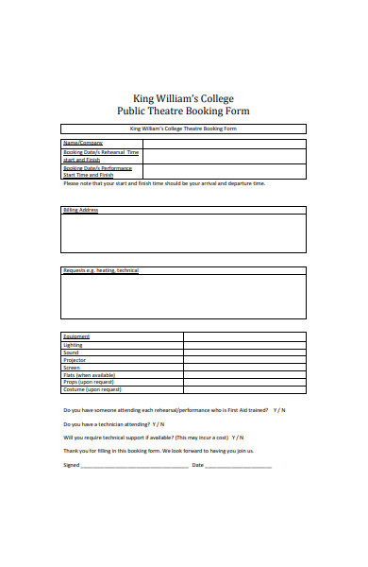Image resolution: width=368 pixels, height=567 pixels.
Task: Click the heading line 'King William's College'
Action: tap(184, 98)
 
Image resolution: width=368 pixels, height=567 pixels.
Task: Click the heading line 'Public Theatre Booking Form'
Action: tap(184, 111)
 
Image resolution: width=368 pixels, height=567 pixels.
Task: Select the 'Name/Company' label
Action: tap(83, 142)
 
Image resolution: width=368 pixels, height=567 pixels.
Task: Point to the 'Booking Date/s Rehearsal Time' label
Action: tap(101, 151)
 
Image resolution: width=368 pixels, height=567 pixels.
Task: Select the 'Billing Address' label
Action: tap(81, 210)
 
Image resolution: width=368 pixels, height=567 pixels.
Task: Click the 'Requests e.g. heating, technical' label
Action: tap(101, 270)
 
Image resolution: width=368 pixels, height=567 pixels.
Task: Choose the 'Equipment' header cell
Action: tap(76, 337)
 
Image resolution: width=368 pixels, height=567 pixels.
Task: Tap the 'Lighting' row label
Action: tap(74, 345)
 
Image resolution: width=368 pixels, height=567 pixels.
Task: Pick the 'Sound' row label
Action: tap(72, 352)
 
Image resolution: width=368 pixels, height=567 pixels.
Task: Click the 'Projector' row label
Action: tap(75, 360)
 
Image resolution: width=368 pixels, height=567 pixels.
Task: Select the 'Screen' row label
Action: tap(73, 368)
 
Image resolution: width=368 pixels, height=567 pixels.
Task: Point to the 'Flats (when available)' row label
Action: tap(89, 375)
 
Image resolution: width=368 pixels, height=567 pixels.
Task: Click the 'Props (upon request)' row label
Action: tap(88, 383)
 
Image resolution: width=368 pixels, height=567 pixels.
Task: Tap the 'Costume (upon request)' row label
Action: tap(92, 390)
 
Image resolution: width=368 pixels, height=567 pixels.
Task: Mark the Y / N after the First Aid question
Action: tap(279, 410)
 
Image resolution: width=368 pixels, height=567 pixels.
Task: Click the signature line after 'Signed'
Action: tap(133, 466)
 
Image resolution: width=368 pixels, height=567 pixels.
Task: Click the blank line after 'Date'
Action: tap(238, 466)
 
